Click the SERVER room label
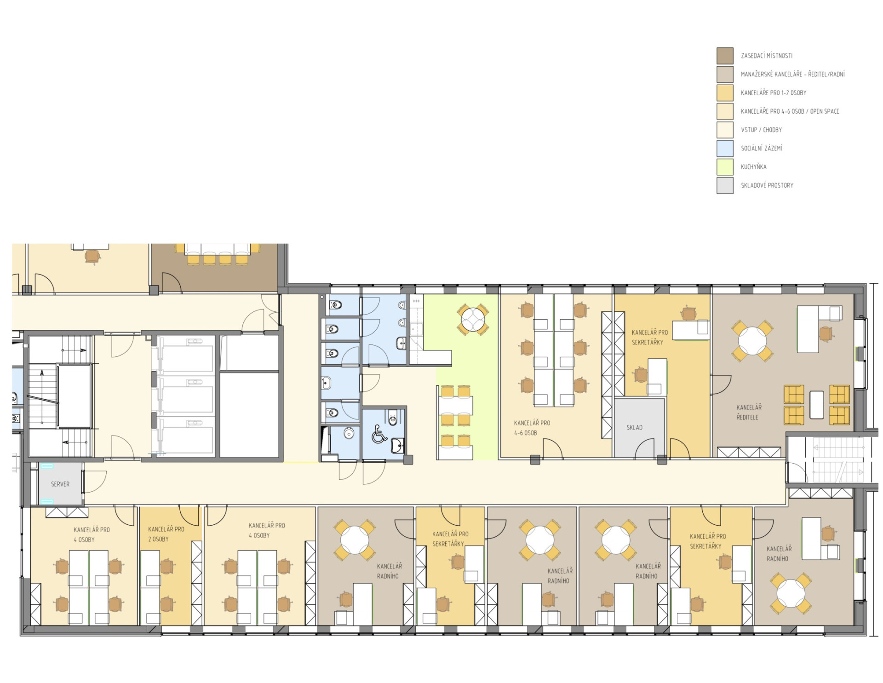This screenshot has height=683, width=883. click(x=60, y=484)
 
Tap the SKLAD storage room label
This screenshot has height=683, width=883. click(x=634, y=427)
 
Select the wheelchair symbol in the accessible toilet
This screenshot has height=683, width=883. click(x=379, y=434)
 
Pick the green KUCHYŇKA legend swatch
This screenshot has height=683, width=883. click(x=725, y=166)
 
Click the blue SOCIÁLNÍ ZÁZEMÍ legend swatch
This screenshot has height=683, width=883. click(x=725, y=148)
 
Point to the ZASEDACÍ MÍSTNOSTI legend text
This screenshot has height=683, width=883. click(x=767, y=56)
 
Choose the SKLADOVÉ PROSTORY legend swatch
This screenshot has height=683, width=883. click(x=725, y=185)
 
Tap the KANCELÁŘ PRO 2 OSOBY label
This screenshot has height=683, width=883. click(x=166, y=534)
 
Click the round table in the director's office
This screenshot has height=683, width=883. click(x=752, y=341)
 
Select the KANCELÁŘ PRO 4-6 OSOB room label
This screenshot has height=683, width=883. click(x=532, y=428)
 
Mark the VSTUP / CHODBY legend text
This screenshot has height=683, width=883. click(x=761, y=130)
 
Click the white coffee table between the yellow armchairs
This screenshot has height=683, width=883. click(x=816, y=405)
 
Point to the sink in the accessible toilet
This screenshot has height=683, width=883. click(x=397, y=445)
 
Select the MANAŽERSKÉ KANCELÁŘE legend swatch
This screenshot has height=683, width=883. click(x=725, y=74)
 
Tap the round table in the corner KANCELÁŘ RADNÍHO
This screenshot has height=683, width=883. click(x=791, y=593)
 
